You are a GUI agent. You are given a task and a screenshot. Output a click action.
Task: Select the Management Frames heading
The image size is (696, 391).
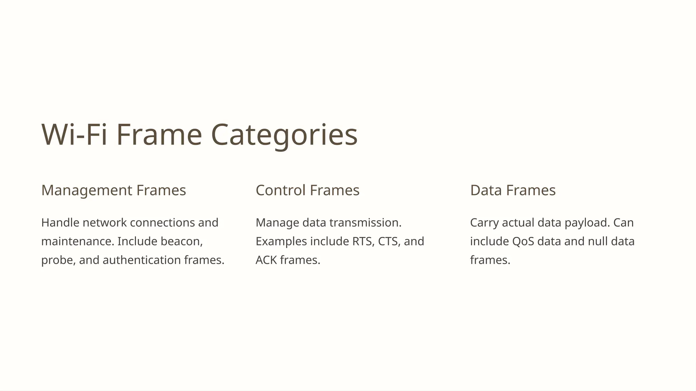point(114,190)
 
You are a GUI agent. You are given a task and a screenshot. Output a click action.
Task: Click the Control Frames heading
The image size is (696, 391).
point(307,190)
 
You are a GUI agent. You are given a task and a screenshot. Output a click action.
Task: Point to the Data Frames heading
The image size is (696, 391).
point(512,190)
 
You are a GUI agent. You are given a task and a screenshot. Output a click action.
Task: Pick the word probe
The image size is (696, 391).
point(58,260)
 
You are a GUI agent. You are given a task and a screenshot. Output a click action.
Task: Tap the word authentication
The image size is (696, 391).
point(141,260)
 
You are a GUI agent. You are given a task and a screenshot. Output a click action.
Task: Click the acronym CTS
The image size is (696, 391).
point(389,241)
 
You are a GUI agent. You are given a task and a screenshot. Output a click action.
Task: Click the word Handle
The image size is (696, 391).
point(60,223)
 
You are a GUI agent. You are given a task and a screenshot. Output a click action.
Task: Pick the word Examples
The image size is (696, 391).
point(281,241)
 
